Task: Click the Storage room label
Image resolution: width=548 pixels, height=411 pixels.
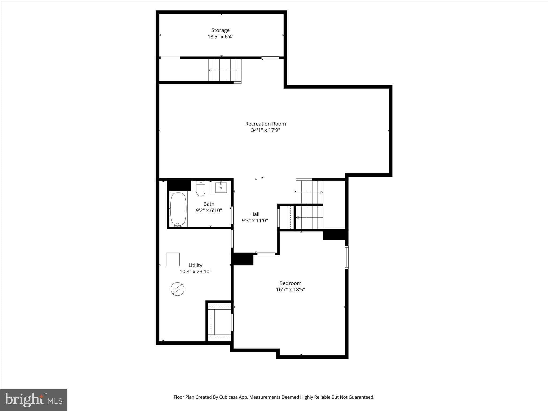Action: (220, 30)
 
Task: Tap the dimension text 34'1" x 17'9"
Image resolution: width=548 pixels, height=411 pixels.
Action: (265, 130)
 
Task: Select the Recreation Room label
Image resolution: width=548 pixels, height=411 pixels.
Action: (265, 124)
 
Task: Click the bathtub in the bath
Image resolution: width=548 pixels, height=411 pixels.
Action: (178, 209)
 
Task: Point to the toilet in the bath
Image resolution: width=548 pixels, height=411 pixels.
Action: (200, 189)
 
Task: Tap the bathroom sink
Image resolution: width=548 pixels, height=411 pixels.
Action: (221, 188)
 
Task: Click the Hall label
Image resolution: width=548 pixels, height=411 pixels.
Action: (255, 214)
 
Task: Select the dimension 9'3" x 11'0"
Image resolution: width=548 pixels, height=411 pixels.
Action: (255, 220)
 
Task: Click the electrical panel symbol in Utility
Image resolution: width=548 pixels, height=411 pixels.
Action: (177, 289)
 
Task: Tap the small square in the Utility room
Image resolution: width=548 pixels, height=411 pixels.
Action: (173, 259)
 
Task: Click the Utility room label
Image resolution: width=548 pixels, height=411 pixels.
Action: (195, 265)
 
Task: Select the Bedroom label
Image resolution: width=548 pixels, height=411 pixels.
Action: (290, 283)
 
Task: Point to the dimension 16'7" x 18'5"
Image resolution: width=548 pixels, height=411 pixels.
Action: (290, 290)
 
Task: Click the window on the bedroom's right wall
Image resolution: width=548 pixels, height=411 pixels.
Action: (347, 257)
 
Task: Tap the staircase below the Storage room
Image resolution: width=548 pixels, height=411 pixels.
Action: (225, 70)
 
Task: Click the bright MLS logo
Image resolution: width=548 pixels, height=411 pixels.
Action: (33, 400)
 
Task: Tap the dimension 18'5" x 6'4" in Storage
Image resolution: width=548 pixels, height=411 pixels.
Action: (220, 37)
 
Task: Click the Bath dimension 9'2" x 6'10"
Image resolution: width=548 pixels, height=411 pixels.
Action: (209, 210)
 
